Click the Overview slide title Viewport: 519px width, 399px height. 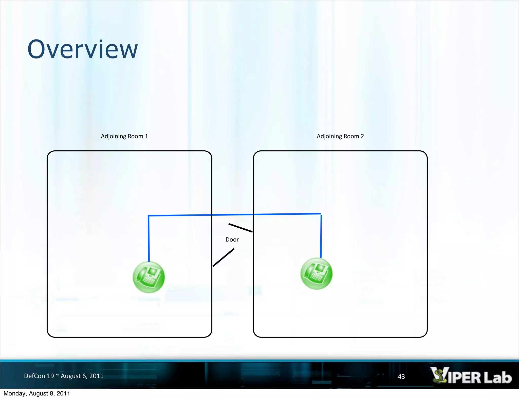coord(83,49)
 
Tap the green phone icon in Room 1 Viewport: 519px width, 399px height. coord(149,277)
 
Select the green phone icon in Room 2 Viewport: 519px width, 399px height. coord(316,274)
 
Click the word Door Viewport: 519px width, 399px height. coord(232,240)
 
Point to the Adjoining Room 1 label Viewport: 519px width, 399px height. coord(124,136)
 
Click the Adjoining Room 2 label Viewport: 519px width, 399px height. coord(340,136)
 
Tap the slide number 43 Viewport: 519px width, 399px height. coord(401,376)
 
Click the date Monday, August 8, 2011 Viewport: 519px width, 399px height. coord(37,393)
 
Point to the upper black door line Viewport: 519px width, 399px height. coord(240,228)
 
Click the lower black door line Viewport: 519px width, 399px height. coord(223,257)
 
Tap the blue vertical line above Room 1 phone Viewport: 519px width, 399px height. coord(149,238)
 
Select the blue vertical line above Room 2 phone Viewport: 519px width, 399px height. coord(321,236)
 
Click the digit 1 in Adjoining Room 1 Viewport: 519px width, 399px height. coord(146,136)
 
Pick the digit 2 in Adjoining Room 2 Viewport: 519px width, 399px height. coord(362,136)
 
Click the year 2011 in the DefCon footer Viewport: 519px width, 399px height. coord(97,376)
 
